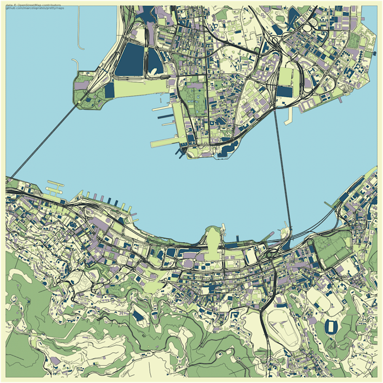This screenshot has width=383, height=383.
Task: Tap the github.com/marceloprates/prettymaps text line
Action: (36, 8)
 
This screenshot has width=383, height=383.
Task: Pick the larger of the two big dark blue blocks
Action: (130, 59)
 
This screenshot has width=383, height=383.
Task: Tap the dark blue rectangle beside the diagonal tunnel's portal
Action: (109, 90)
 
